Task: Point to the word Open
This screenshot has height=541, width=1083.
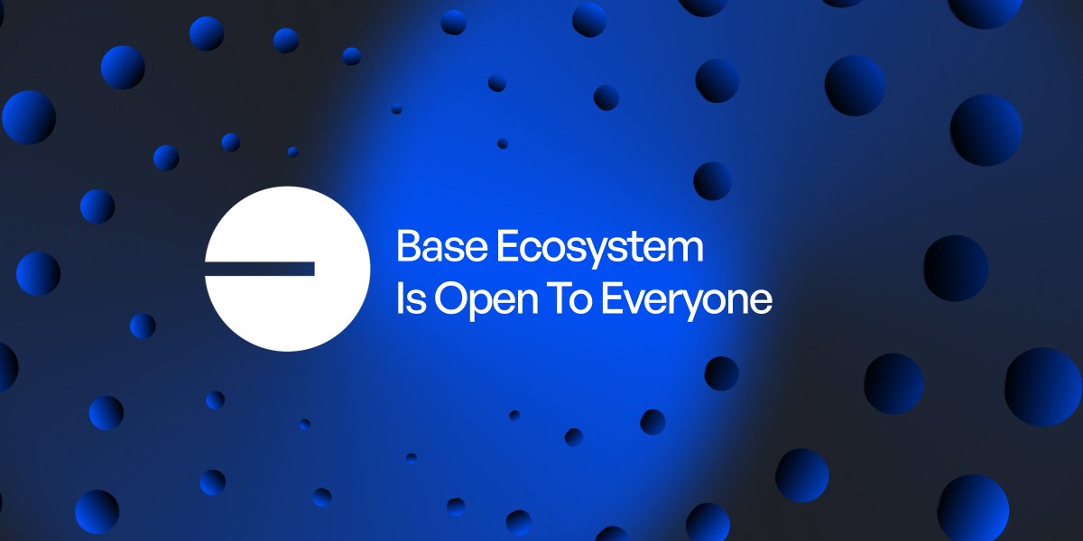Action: tap(478, 301)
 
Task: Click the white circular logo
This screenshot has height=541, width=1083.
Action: tap(287, 268)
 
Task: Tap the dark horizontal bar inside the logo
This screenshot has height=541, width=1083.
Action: tap(260, 269)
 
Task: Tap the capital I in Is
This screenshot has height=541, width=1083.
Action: tap(400, 299)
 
